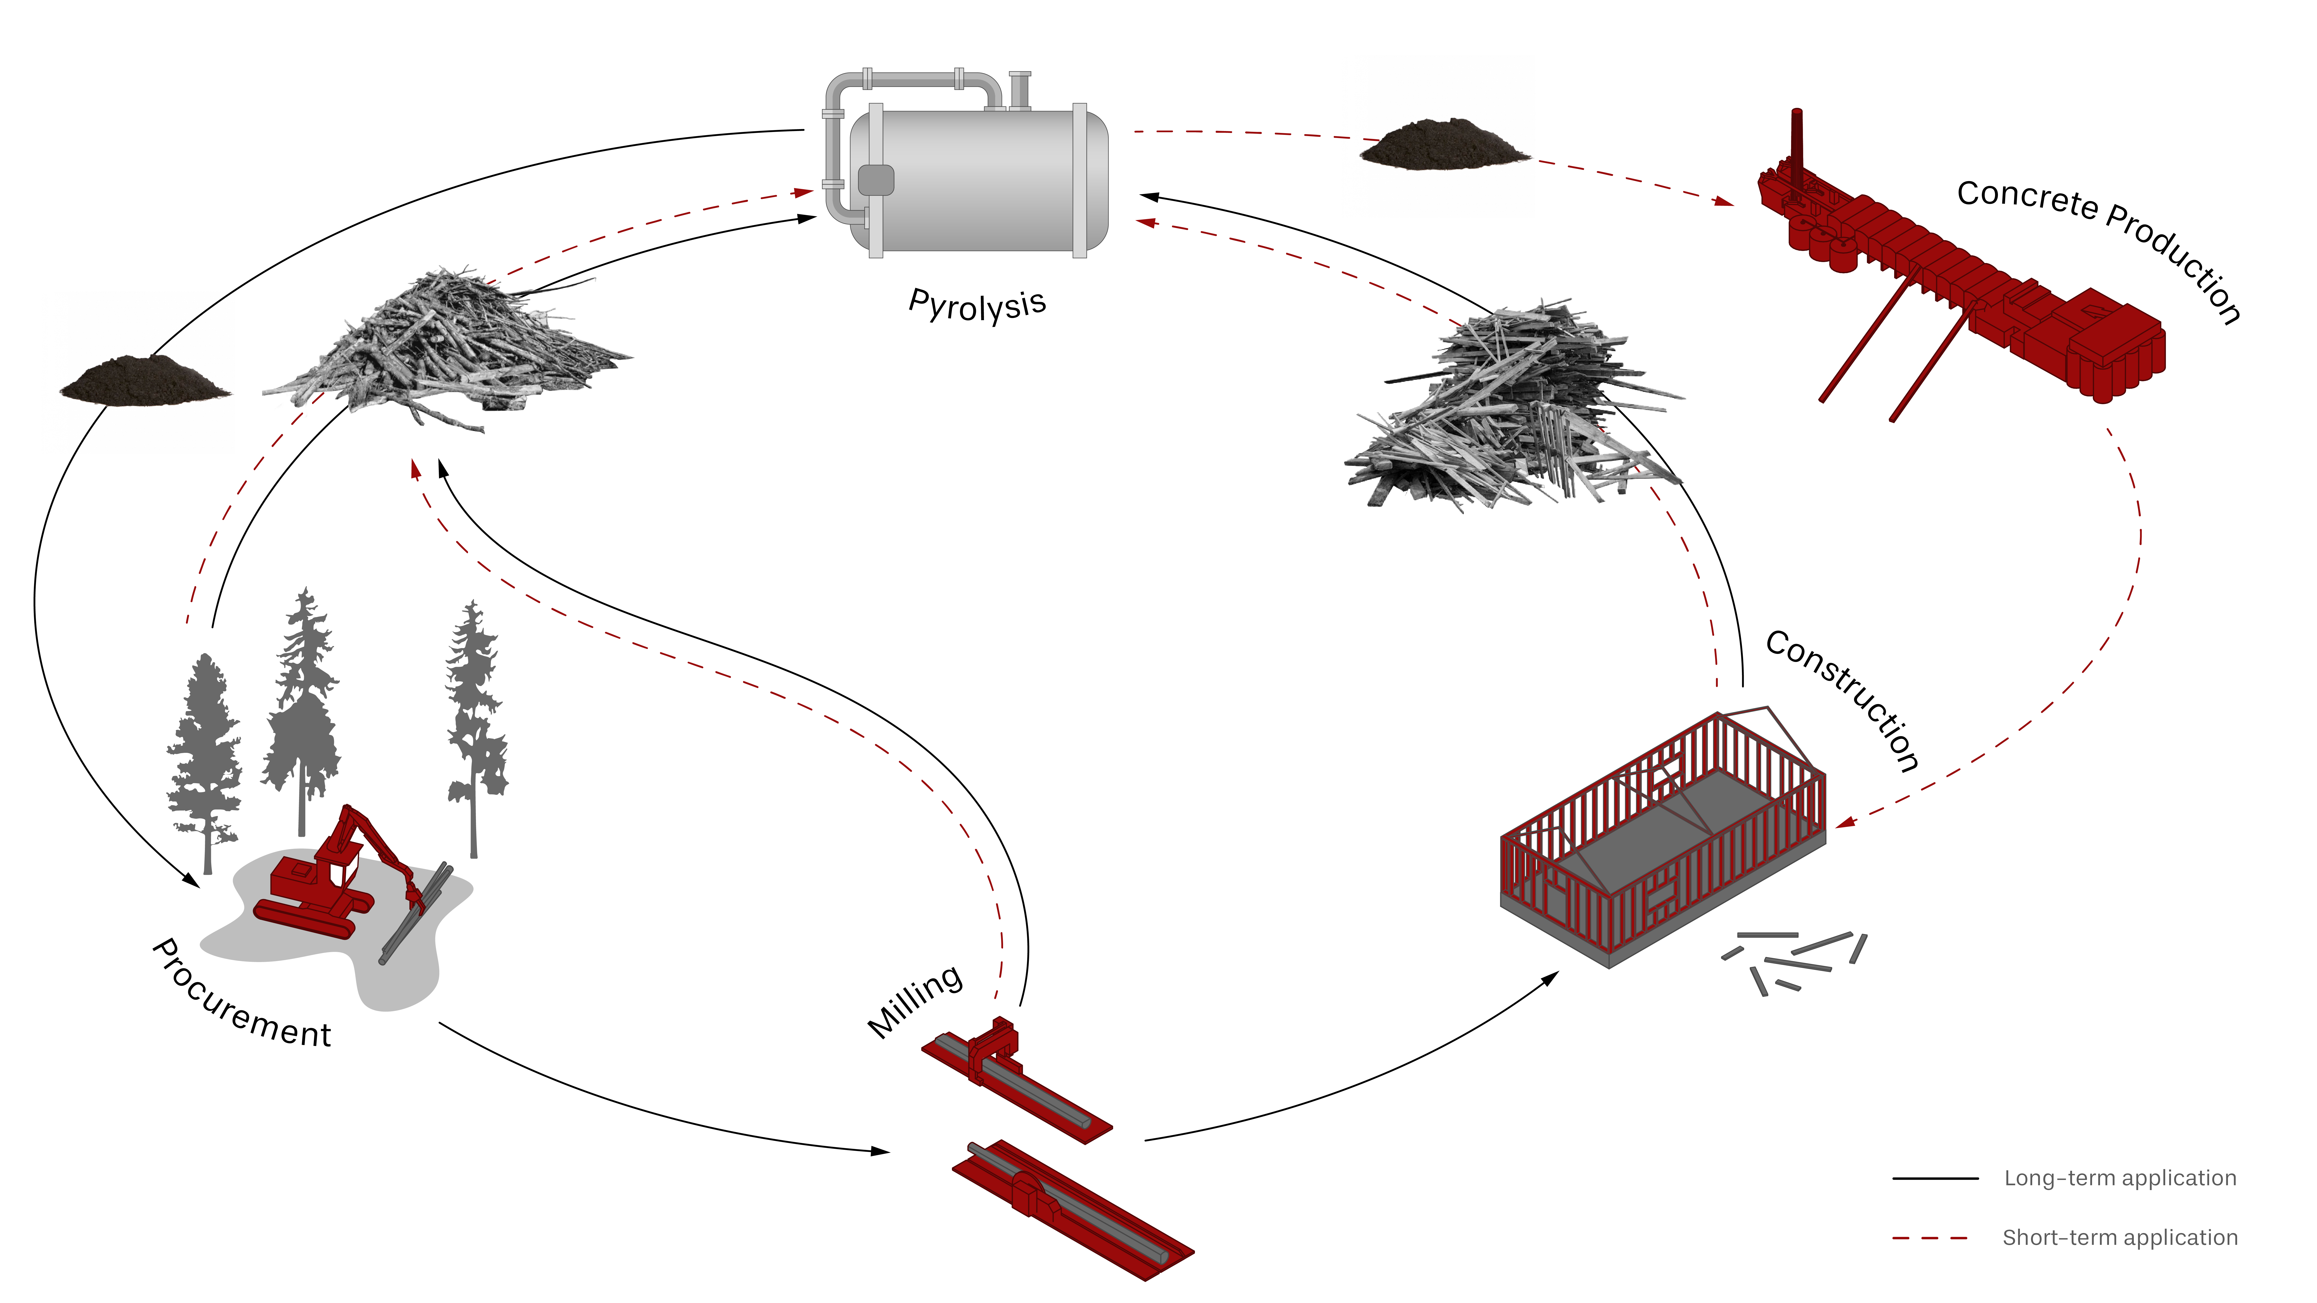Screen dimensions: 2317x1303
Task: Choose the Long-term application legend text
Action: (2120, 1178)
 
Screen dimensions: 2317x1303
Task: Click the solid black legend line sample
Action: (1935, 1178)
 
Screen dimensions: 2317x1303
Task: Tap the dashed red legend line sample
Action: (1930, 1238)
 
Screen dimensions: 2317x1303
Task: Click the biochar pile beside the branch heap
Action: (144, 380)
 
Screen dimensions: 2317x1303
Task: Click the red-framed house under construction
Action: (1664, 836)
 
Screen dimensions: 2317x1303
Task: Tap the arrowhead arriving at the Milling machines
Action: (880, 1151)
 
